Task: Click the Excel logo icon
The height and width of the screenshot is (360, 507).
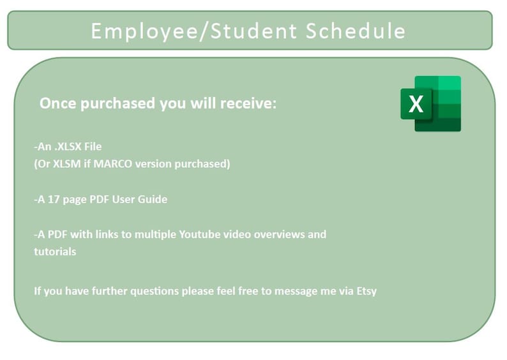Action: coord(431,103)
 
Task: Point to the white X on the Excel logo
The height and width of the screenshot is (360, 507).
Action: coord(416,104)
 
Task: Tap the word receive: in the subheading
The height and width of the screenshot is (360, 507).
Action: coord(249,103)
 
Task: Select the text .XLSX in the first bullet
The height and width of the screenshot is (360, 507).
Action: coord(68,146)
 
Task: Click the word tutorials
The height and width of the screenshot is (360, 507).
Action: coord(55,251)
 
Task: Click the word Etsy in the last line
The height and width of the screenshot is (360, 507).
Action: coord(366,291)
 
